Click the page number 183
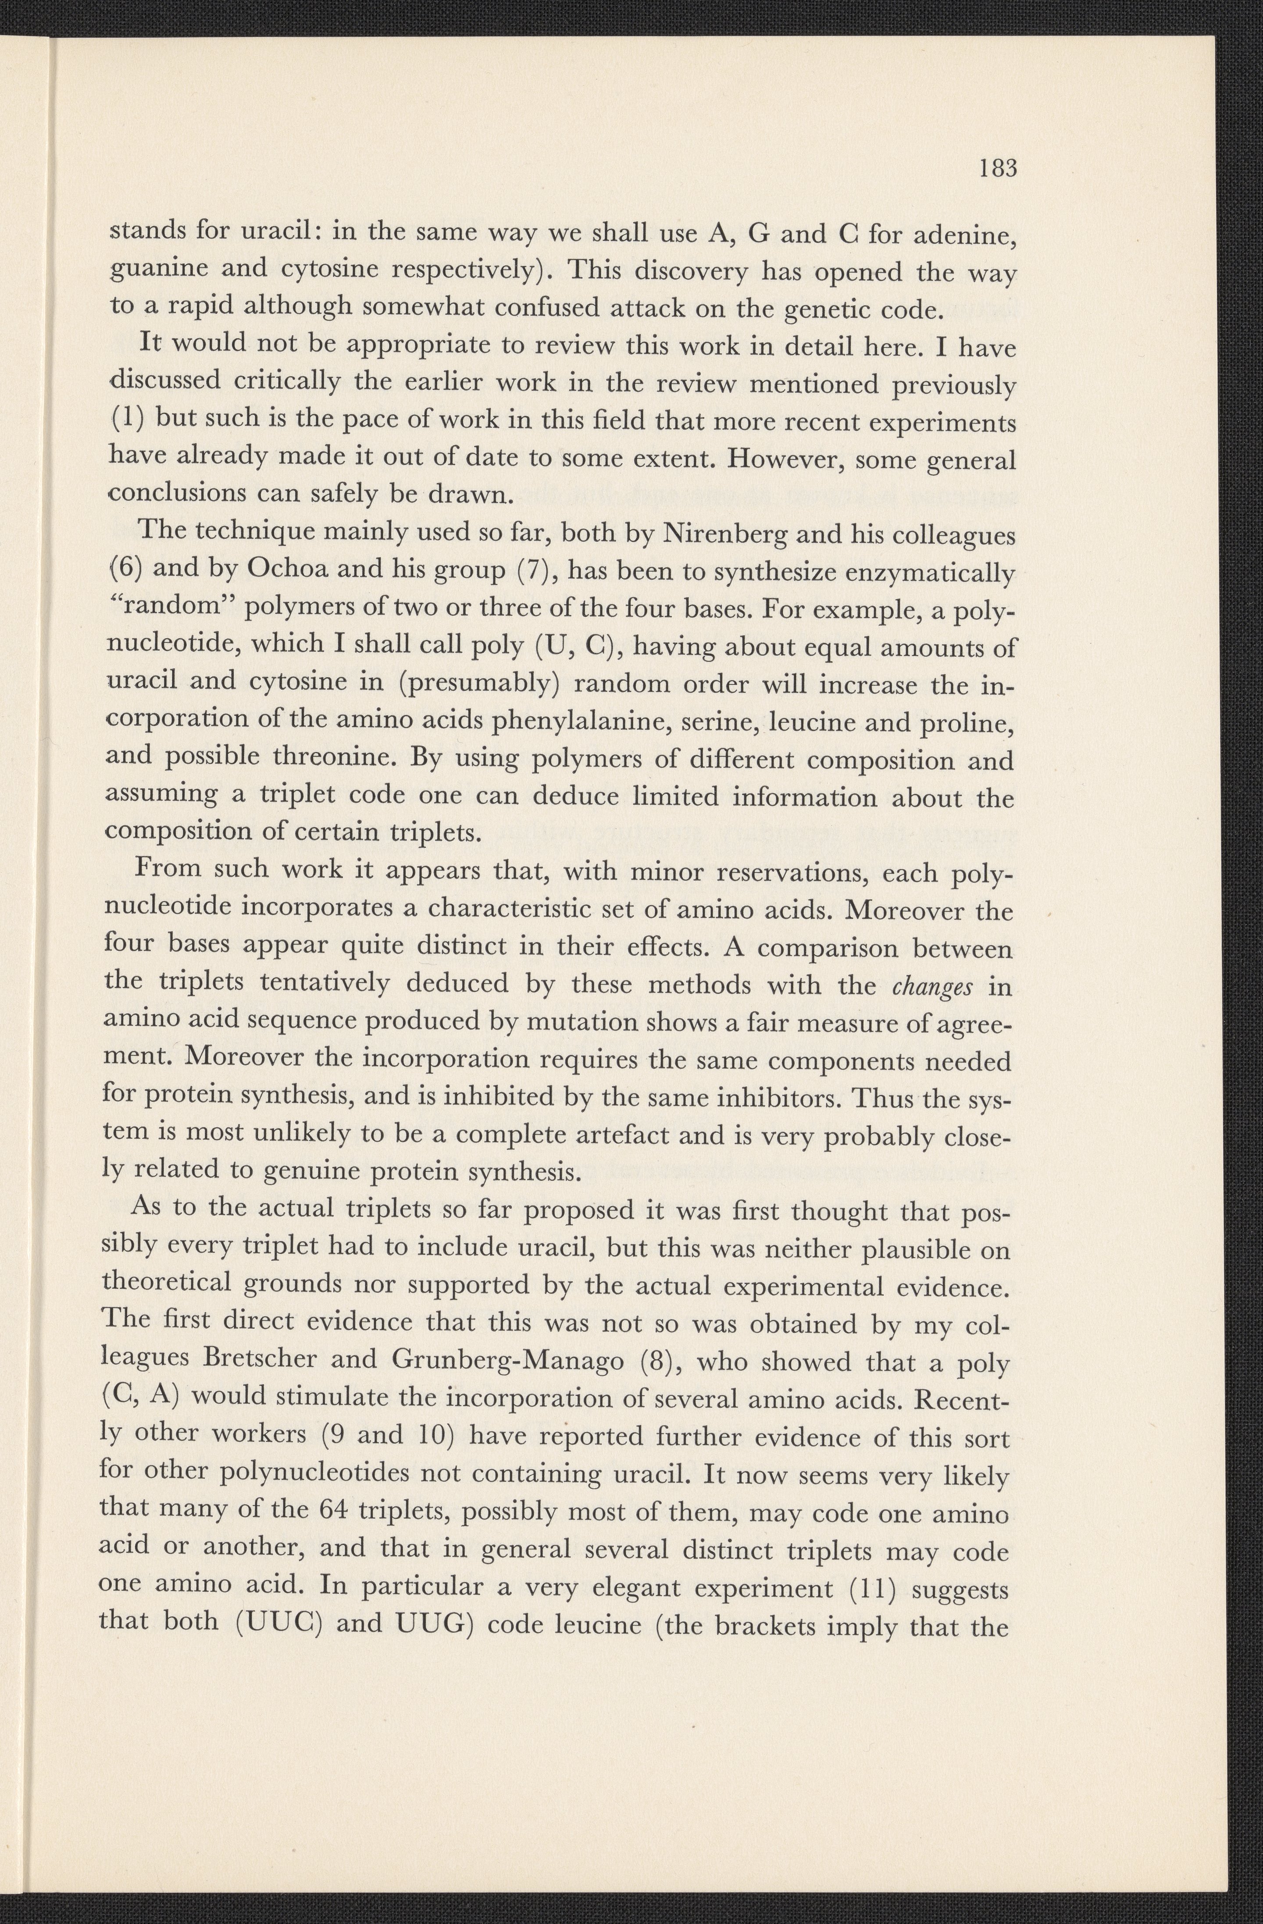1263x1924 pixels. pos(997,170)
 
